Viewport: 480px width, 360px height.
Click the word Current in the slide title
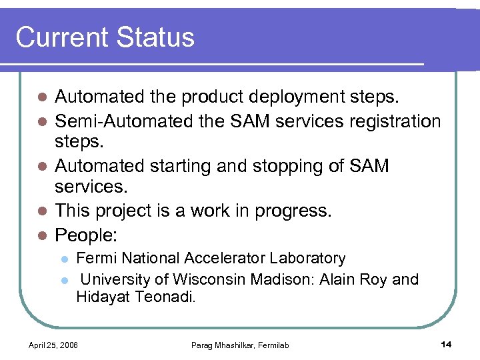click(x=61, y=37)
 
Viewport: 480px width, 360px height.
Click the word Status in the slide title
click(x=155, y=37)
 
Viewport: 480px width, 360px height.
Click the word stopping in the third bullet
click(x=293, y=166)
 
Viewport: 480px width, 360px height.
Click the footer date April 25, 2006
click(x=53, y=345)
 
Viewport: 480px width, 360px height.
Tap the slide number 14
click(x=446, y=344)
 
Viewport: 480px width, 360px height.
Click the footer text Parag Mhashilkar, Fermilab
click(x=240, y=345)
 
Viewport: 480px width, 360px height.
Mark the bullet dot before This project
click(x=41, y=211)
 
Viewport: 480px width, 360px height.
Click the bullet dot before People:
click(x=41, y=235)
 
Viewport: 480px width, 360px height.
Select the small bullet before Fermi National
click(x=64, y=259)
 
